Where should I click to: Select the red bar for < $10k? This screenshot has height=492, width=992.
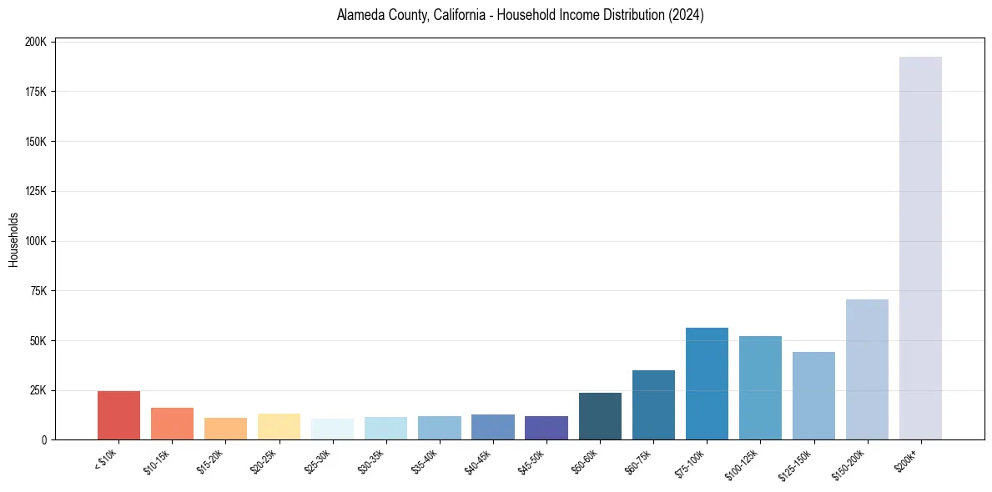click(x=118, y=415)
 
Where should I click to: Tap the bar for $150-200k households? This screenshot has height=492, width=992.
click(x=867, y=369)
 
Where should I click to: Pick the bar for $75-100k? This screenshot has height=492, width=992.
click(x=707, y=384)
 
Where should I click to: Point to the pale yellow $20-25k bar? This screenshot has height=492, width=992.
click(x=279, y=426)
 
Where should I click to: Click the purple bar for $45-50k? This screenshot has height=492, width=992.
click(x=546, y=428)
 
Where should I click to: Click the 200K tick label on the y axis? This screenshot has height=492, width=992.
click(x=36, y=42)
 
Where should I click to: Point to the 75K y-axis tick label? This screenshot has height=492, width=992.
click(x=38, y=291)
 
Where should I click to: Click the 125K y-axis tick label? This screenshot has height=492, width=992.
click(x=36, y=191)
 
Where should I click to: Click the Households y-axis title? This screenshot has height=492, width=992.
click(x=13, y=240)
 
